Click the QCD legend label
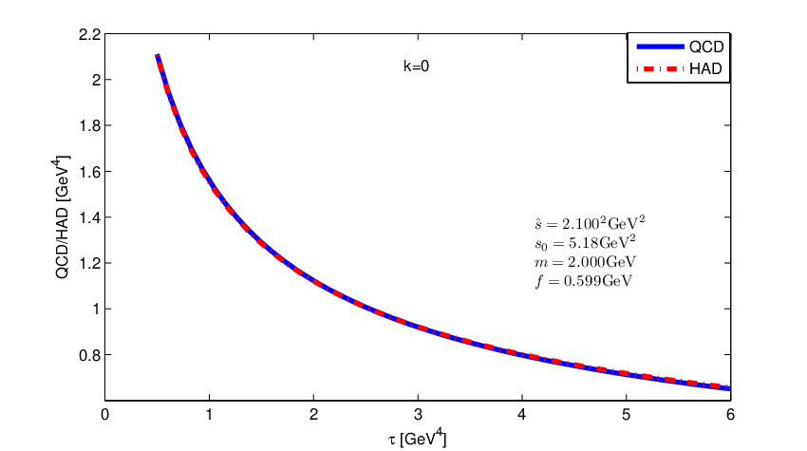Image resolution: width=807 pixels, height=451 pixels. click(x=706, y=47)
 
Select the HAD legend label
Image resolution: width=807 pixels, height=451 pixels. click(x=705, y=68)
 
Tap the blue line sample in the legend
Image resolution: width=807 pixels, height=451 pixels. click(x=661, y=47)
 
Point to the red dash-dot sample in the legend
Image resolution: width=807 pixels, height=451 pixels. click(x=661, y=68)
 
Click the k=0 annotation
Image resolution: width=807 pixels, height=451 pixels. click(x=416, y=66)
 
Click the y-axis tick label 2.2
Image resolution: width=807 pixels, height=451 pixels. click(x=89, y=34)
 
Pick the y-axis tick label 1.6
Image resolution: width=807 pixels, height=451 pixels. click(x=89, y=172)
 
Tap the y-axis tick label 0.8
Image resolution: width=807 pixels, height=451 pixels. click(x=89, y=355)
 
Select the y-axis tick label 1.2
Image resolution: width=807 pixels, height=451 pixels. click(x=89, y=263)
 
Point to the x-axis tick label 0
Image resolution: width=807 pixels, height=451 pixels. click(x=105, y=415)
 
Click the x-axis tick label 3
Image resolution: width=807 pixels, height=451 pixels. click(x=418, y=415)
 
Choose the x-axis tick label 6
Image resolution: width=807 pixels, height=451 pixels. click(x=730, y=415)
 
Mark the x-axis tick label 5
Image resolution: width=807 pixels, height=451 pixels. click(x=626, y=415)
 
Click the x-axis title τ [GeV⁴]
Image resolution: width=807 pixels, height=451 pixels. click(x=417, y=438)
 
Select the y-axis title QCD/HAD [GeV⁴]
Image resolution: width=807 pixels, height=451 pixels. click(x=62, y=217)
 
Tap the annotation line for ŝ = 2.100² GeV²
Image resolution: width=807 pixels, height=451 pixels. click(x=590, y=223)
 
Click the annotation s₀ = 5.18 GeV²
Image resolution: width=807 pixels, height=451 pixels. click(x=585, y=242)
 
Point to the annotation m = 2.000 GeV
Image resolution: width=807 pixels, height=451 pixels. click(x=585, y=261)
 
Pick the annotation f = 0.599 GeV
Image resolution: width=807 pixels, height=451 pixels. click(x=584, y=281)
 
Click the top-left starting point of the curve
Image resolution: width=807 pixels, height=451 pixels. click(x=157, y=55)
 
